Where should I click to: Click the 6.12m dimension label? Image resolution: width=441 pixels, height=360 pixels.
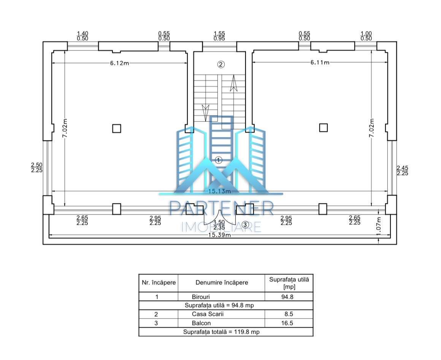pos(119,63)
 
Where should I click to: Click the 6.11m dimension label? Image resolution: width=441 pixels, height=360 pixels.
pos(320,62)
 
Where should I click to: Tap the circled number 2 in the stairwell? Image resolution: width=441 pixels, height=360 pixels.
pos(221,64)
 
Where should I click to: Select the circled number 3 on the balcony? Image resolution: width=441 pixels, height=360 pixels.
pos(245,224)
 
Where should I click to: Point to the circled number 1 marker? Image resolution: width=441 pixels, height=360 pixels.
pos(219,160)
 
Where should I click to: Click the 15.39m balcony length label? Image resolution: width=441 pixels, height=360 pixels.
pos(219,235)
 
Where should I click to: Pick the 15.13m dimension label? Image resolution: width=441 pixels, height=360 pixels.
pos(219,191)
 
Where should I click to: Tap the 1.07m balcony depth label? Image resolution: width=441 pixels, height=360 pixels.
pos(379,226)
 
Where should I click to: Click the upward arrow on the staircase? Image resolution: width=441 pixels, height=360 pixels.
pos(233,83)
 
